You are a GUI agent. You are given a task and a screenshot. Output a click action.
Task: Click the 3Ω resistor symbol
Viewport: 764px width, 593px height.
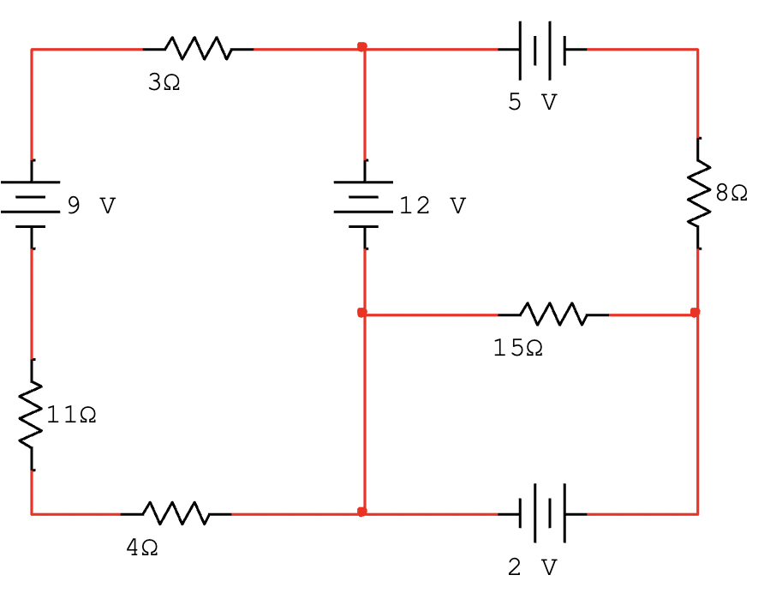(x=198, y=49)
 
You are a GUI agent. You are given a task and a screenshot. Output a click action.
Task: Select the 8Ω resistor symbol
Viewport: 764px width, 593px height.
(x=698, y=194)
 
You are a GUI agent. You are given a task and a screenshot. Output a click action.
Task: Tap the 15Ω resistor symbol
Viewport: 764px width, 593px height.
(x=553, y=314)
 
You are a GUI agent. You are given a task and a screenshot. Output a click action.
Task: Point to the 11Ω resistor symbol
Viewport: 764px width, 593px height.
(x=32, y=415)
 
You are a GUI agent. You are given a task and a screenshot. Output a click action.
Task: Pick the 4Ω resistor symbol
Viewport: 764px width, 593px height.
(x=176, y=513)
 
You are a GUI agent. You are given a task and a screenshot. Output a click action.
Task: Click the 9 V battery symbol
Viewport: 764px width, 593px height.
(x=32, y=204)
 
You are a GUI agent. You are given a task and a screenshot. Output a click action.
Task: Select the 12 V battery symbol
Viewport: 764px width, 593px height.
(x=364, y=204)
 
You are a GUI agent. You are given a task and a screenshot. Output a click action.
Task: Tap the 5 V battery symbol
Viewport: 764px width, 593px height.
(x=542, y=50)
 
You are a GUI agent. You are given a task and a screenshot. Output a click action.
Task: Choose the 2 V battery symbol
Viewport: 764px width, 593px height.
(x=542, y=513)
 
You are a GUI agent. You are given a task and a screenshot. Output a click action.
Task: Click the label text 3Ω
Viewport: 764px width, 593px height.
(x=164, y=83)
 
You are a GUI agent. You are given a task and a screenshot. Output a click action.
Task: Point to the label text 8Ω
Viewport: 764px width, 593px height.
(x=731, y=194)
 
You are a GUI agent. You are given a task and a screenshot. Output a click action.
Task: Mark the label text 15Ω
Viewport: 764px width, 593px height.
(x=517, y=349)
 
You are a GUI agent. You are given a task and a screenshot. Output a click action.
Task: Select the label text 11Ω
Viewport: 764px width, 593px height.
(x=71, y=416)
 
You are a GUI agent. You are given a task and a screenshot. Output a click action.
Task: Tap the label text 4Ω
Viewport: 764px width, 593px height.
(x=142, y=548)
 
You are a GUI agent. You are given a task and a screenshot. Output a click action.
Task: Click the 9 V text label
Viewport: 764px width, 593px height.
(x=91, y=207)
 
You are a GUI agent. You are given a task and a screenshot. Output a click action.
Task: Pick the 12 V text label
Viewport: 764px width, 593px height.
(x=433, y=207)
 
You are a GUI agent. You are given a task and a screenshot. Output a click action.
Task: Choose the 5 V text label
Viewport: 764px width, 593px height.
(x=532, y=103)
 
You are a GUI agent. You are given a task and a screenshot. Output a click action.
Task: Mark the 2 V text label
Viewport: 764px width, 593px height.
(x=532, y=567)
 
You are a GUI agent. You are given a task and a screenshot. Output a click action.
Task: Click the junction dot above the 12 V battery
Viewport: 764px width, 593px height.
(x=362, y=46)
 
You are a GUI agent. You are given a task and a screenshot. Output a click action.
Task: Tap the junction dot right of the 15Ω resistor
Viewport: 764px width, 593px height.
(x=695, y=313)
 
